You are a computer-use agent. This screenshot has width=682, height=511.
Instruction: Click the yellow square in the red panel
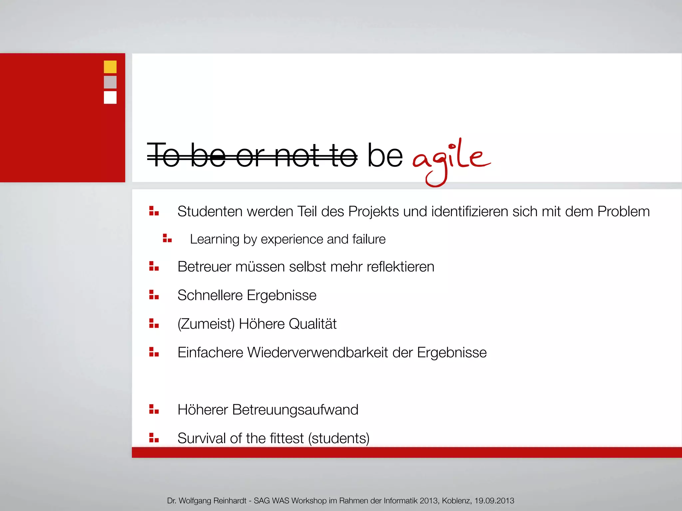click(x=110, y=67)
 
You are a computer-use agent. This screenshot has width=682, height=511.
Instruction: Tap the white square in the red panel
click(x=110, y=97)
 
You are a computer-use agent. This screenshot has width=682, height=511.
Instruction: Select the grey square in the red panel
click(x=110, y=82)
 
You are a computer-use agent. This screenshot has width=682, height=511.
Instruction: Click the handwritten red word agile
click(x=451, y=160)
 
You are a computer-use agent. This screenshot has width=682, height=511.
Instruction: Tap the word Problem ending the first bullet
click(x=623, y=212)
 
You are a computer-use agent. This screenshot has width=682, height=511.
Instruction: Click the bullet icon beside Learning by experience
click(x=167, y=238)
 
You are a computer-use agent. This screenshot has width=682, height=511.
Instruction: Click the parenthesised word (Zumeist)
click(x=206, y=324)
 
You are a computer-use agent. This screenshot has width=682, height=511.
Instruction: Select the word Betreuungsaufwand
click(x=295, y=410)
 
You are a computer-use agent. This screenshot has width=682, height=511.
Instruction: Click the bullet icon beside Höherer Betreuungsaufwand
click(x=154, y=409)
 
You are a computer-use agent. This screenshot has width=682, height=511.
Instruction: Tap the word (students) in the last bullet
click(x=339, y=438)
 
